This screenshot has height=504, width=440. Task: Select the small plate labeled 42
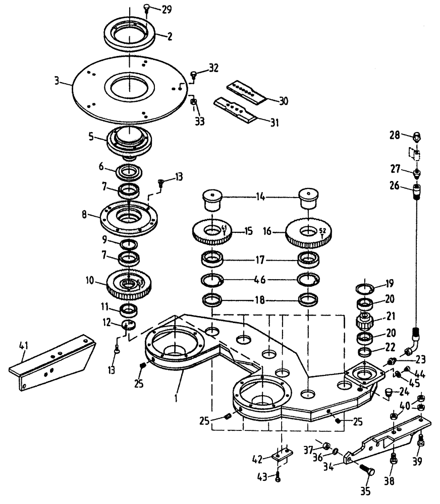click(283, 456)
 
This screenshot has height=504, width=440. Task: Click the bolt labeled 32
click(193, 75)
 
